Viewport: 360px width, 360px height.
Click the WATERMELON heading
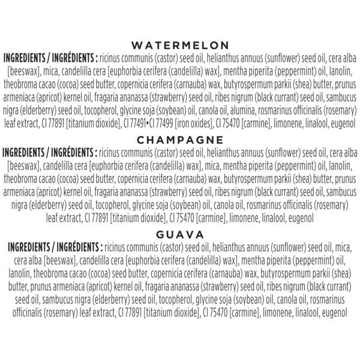pos(180,45)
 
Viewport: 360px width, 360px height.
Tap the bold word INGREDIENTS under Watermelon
pos(29,58)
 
